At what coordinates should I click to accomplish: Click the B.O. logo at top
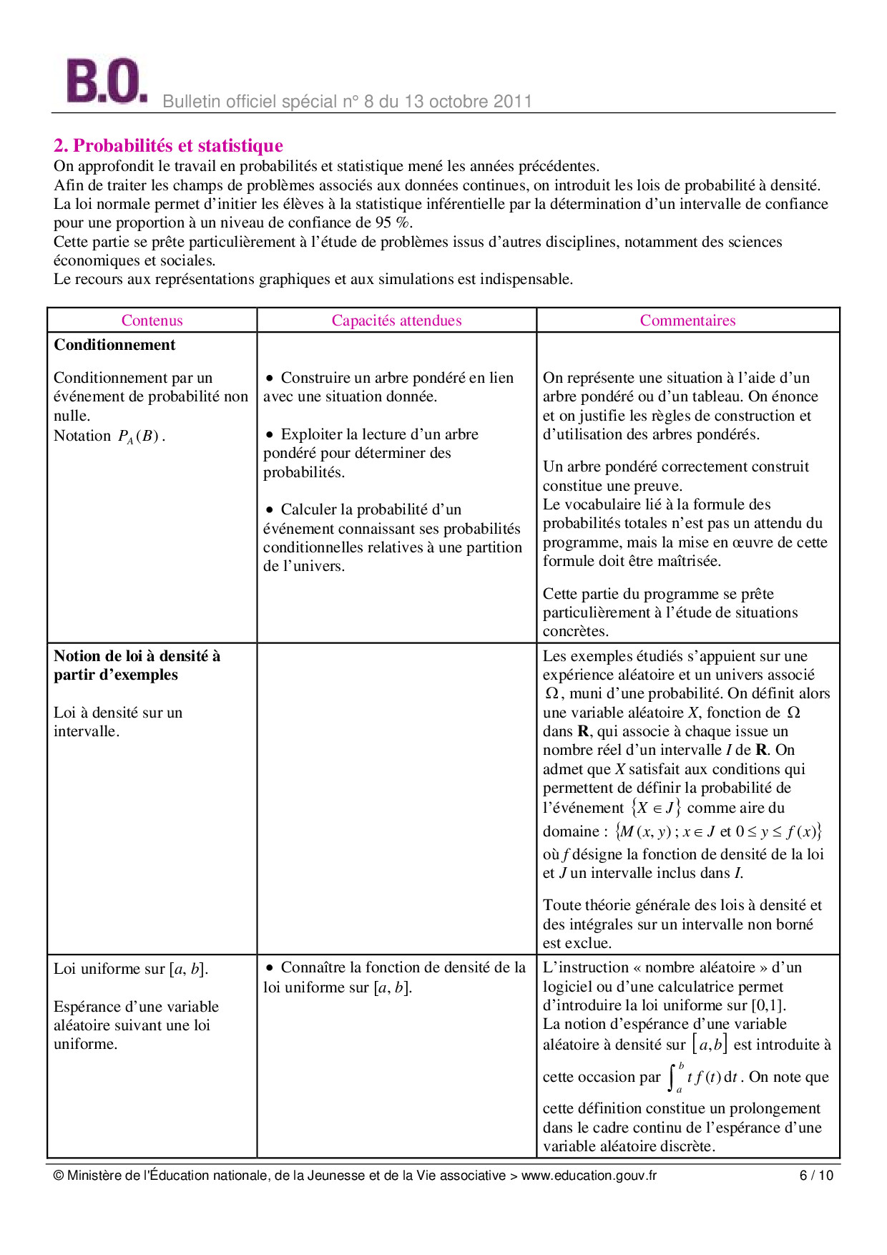pyautogui.click(x=106, y=82)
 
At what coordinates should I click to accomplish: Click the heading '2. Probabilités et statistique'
pyautogui.click(x=168, y=146)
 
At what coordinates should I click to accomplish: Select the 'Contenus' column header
pyautogui.click(x=152, y=321)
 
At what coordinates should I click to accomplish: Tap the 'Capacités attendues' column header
pyautogui.click(x=396, y=321)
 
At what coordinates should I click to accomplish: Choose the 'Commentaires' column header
pyautogui.click(x=687, y=321)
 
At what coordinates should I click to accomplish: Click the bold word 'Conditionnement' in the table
pyautogui.click(x=114, y=345)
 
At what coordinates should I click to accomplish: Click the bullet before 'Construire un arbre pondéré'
pyautogui.click(x=270, y=379)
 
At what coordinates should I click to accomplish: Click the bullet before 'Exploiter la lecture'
pyautogui.click(x=270, y=435)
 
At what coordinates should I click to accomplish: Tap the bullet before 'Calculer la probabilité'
pyautogui.click(x=270, y=510)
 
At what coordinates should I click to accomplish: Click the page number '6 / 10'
pyautogui.click(x=815, y=1176)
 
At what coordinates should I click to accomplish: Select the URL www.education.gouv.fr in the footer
pyautogui.click(x=588, y=1176)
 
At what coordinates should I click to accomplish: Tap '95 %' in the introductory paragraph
pyautogui.click(x=393, y=223)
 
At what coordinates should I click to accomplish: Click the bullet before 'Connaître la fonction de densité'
pyautogui.click(x=270, y=968)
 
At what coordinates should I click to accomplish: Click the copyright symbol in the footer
pyautogui.click(x=59, y=1176)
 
